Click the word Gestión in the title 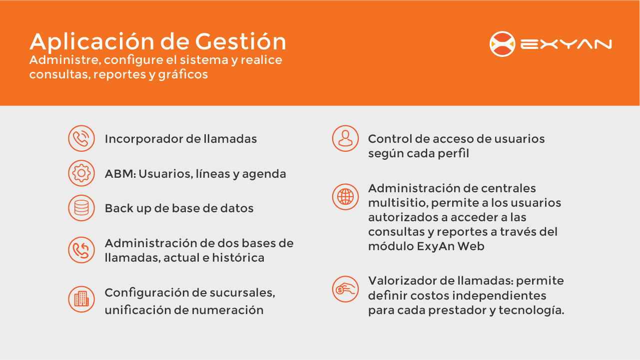point(241,41)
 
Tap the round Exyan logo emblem point(502,44)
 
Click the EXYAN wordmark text point(566,44)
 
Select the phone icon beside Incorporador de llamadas point(81,138)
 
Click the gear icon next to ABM point(81,173)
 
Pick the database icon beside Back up point(81,208)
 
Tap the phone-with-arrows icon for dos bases point(81,250)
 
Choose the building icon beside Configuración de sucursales point(81,299)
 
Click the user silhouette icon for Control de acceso point(345,138)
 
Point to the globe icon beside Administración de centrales point(345,197)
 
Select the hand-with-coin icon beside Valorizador point(345,289)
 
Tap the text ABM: point(120,174)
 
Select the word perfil point(454,154)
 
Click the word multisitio point(398,203)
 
